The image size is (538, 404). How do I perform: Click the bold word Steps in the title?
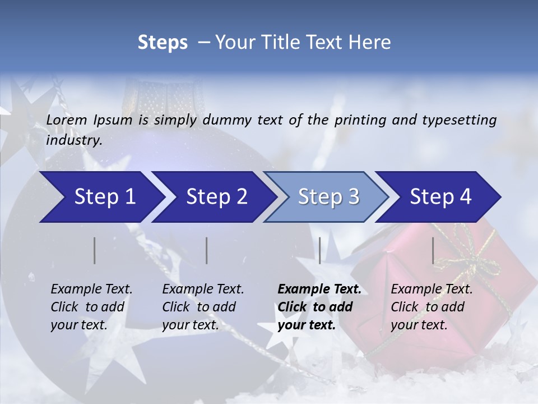pos(163,43)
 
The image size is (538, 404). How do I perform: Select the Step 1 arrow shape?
pos(101,197)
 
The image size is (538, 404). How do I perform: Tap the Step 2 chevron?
pos(215,197)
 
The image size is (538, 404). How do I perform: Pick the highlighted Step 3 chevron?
pos(327,197)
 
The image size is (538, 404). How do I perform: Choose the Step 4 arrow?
pos(439,197)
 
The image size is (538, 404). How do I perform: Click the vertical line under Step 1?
pos(95,250)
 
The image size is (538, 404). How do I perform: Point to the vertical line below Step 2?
pos(207,250)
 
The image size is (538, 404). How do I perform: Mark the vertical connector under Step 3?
pos(319,250)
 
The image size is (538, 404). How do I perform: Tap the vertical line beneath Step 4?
pos(433,250)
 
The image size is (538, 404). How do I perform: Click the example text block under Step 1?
pos(91,307)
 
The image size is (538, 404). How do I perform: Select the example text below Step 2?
pos(203,307)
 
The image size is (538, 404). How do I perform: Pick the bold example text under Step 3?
pos(319,307)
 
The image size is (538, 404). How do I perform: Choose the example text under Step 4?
pos(432,307)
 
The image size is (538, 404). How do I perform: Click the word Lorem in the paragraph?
pos(67,120)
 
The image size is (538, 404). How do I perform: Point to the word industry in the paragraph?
pos(74,140)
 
